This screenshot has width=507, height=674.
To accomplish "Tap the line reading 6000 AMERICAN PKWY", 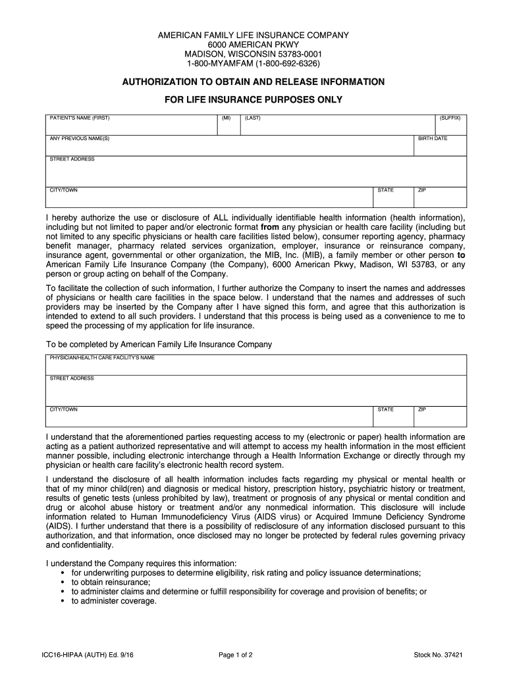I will (253, 44).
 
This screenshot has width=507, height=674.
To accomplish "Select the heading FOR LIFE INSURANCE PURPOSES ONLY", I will (253, 100).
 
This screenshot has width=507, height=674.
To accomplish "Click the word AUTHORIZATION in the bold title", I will (159, 82).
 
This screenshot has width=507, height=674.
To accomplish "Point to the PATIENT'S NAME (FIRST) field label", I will (80, 118).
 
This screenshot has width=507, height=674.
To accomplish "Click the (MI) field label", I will (226, 118).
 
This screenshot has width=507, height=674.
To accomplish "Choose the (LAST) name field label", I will (252, 118).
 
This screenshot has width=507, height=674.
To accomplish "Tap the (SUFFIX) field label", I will (450, 118).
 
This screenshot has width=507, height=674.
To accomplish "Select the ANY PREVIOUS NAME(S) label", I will (80, 139).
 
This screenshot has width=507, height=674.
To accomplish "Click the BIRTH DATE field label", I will (433, 139).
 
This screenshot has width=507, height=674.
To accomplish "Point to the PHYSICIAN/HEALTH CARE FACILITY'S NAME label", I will (102, 358).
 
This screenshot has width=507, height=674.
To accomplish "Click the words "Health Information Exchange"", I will (338, 455).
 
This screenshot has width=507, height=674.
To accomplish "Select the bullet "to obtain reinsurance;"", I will (111, 583).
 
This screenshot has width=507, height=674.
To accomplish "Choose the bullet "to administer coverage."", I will (114, 601).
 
